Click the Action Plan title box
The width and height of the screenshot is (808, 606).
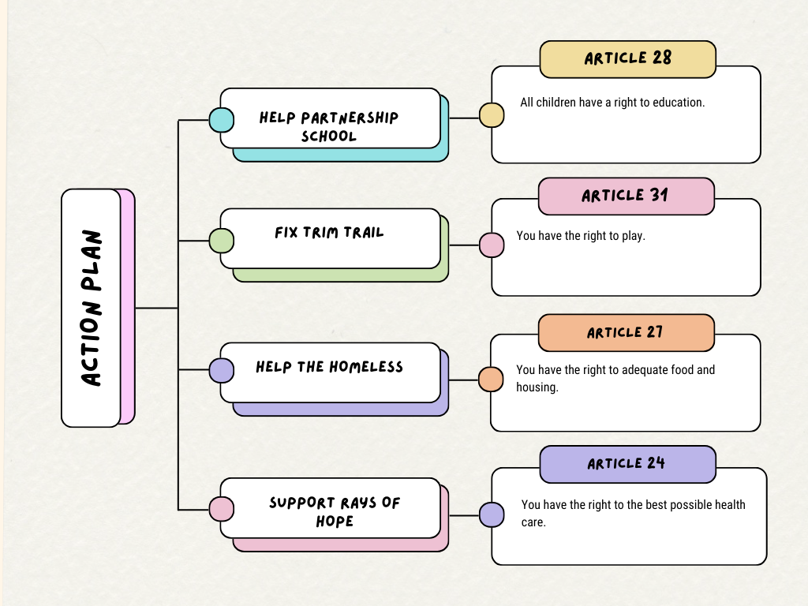(x=92, y=308)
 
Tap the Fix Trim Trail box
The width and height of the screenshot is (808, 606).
(x=330, y=238)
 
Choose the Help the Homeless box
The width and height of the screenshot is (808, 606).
(x=330, y=372)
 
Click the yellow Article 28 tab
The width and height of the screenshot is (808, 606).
(x=627, y=59)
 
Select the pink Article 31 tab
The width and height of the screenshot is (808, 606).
(x=626, y=196)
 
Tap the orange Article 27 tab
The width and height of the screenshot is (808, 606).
(x=626, y=332)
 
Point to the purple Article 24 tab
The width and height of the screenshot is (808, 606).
(x=627, y=464)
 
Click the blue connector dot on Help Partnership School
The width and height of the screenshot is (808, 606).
(x=221, y=120)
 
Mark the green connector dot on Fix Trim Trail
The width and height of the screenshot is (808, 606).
(x=221, y=241)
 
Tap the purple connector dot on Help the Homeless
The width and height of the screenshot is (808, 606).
(x=221, y=370)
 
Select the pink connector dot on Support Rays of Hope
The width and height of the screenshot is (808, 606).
(x=221, y=509)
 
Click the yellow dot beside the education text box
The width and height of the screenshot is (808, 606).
(x=492, y=115)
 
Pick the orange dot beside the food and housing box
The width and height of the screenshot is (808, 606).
(x=491, y=379)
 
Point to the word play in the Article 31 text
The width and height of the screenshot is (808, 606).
(x=633, y=236)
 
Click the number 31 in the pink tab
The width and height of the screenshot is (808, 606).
(x=659, y=196)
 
